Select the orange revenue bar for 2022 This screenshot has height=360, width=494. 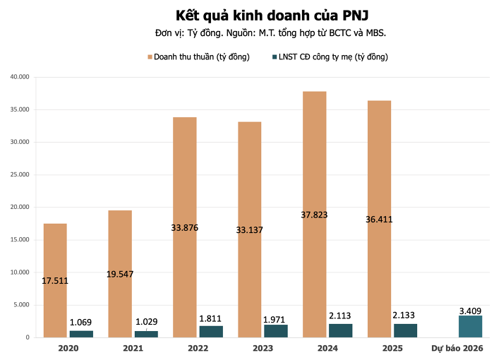point(185,176)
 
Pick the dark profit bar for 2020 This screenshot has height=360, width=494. point(81,334)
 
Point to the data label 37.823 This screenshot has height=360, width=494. point(314,215)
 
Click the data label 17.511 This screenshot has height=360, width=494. point(55,281)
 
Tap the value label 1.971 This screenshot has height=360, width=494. point(276,320)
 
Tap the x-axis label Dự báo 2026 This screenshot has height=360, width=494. point(457,348)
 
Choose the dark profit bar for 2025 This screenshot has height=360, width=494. point(405,330)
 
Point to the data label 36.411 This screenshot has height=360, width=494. point(379,219)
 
